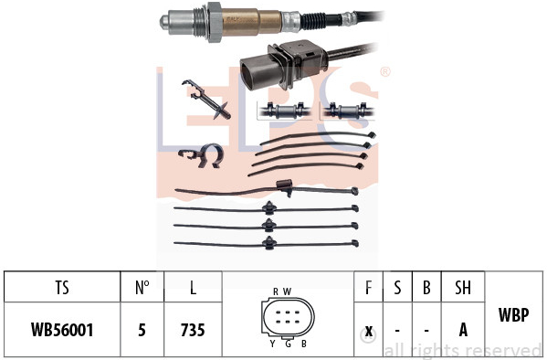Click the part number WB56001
pos(62,330)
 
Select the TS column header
pos(62,288)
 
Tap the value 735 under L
pos(193,330)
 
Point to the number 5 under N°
pos(142,330)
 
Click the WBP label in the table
pos(514,314)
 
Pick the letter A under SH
pos(463,330)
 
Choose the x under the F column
pos(368,331)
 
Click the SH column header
pos(463,288)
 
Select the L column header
pos(193,288)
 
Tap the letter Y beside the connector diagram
pos(272,344)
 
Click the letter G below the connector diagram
pos(288,344)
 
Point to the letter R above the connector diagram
pos(276,291)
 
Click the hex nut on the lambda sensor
pos(215,22)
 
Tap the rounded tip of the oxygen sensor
pos(163,22)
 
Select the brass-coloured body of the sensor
pos(251,22)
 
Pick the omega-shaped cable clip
pos(202,154)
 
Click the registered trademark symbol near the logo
pos(384,72)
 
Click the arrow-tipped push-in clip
pos(205,100)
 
